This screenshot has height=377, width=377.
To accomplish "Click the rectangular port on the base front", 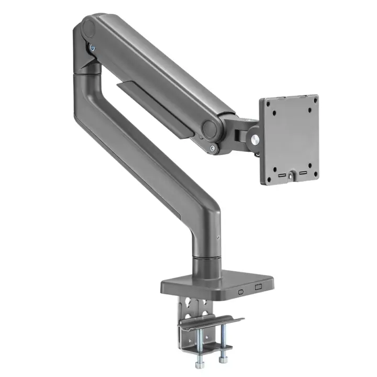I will click(x=257, y=287).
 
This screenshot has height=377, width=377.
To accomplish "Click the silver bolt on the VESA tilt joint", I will click(x=255, y=140).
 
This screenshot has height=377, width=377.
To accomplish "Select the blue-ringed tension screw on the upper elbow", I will click(x=93, y=47).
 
